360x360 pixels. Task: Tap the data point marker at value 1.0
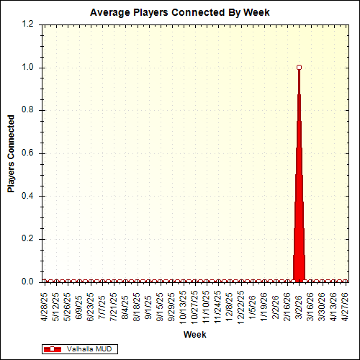(x=299, y=67)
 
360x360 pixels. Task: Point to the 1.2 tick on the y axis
(x=28, y=24)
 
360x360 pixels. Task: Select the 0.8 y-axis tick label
(x=28, y=110)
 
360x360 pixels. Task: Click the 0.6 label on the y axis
(x=28, y=153)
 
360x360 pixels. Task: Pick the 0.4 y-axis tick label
(x=28, y=196)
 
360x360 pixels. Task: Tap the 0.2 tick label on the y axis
(x=28, y=239)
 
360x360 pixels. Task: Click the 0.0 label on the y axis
(x=28, y=282)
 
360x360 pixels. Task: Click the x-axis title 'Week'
(x=194, y=335)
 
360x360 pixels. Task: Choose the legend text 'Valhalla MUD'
(x=89, y=348)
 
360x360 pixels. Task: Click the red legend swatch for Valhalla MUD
(x=53, y=348)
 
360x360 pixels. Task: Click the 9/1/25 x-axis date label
(x=148, y=306)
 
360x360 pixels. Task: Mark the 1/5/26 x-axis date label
(x=253, y=306)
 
